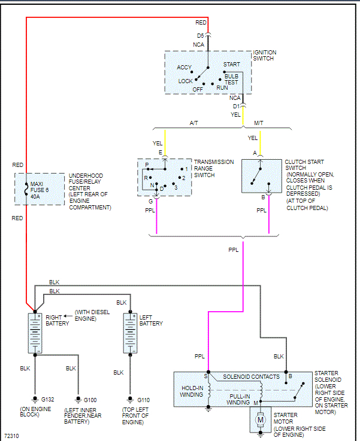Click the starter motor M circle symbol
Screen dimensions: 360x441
click(x=261, y=420)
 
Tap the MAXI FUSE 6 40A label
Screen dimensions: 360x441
click(x=40, y=190)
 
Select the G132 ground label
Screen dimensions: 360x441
click(x=47, y=399)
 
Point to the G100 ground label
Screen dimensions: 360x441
click(x=90, y=400)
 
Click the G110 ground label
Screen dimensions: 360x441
click(x=143, y=400)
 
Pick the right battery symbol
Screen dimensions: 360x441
click(x=35, y=333)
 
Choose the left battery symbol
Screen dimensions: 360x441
click(x=130, y=333)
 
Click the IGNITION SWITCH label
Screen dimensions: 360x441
click(x=265, y=56)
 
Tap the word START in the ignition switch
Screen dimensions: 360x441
click(x=232, y=65)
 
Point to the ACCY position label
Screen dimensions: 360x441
click(x=184, y=68)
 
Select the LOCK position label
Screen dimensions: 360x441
click(x=186, y=81)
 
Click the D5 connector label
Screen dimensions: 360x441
click(x=200, y=36)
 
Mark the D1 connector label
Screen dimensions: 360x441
click(x=236, y=107)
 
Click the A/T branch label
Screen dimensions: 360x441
click(x=193, y=123)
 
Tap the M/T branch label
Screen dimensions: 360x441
click(x=259, y=123)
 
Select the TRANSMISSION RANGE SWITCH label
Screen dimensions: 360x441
click(x=214, y=169)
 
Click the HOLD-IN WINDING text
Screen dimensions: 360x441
click(x=192, y=391)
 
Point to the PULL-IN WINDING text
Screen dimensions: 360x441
click(x=238, y=399)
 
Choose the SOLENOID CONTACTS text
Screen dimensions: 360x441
click(x=252, y=377)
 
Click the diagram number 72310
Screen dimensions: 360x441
click(x=12, y=436)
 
